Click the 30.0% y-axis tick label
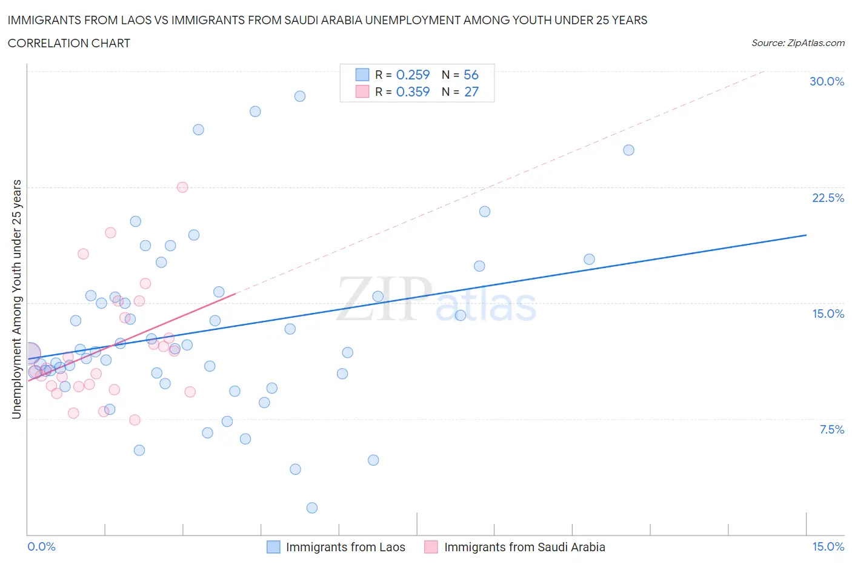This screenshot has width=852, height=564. (827, 81)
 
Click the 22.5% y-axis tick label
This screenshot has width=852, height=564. (827, 198)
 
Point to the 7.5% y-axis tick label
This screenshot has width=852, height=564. (831, 429)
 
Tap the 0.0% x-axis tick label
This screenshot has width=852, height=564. (41, 546)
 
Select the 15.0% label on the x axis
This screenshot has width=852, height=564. (828, 546)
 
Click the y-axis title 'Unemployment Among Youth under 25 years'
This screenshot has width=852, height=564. (16, 299)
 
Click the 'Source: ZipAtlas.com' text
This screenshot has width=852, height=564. (797, 42)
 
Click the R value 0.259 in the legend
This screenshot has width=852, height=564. (413, 75)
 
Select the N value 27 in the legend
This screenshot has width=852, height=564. (471, 92)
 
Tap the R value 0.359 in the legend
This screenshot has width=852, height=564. (413, 92)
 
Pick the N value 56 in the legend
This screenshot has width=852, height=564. (471, 75)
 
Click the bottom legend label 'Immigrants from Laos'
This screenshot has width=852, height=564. (345, 547)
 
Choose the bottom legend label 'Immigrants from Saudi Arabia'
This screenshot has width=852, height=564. (525, 547)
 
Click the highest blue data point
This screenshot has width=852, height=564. (300, 96)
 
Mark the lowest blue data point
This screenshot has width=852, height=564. (312, 508)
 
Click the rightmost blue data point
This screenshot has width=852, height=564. (628, 150)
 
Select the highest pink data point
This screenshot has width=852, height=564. (182, 187)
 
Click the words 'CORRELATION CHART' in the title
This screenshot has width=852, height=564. (69, 43)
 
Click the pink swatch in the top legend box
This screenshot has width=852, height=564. (362, 92)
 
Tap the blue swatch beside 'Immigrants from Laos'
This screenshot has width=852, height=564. (273, 547)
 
